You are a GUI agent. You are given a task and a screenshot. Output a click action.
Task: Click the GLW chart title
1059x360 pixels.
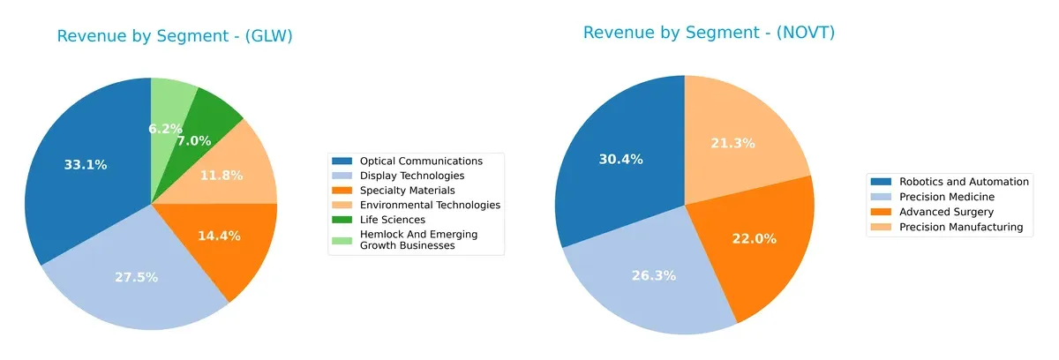coord(175,36)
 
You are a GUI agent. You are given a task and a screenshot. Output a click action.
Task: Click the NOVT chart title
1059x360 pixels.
coord(709,33)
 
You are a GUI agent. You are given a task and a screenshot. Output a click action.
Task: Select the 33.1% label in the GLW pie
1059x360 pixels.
coord(86,165)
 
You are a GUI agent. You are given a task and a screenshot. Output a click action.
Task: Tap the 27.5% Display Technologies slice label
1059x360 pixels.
coord(136,277)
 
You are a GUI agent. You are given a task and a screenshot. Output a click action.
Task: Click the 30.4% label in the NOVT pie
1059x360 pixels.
coord(620,160)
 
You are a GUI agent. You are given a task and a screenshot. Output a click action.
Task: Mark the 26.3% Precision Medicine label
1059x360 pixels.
coord(654,275)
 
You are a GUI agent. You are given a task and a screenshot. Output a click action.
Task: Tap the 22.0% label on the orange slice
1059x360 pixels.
coord(749,239)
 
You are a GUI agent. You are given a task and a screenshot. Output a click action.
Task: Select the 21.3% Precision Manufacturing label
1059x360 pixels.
coord(733,143)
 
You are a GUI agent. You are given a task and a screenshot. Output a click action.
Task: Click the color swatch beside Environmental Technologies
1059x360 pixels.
coord(342,205)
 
